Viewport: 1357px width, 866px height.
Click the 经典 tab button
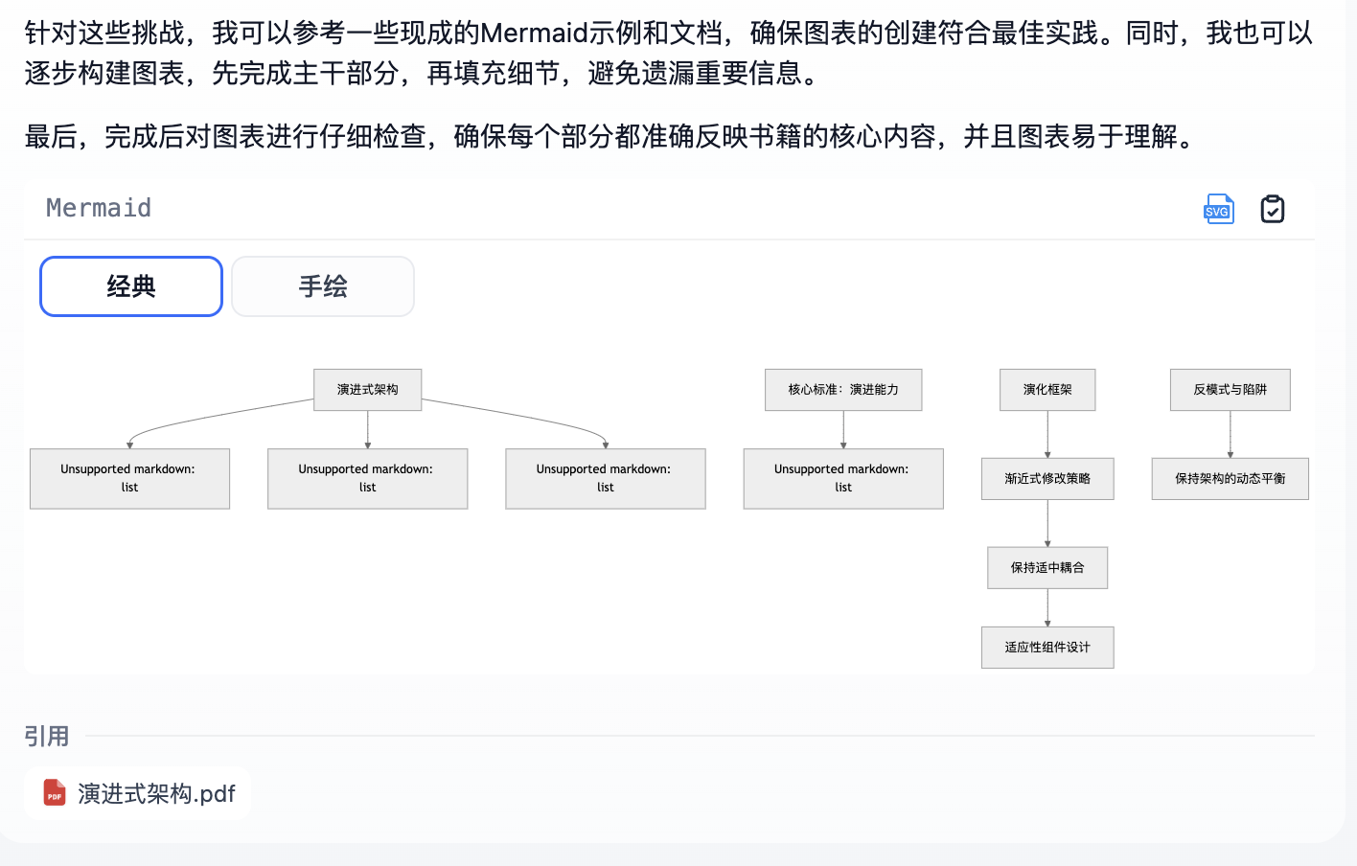coord(131,286)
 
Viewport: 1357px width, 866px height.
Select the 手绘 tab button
coord(323,286)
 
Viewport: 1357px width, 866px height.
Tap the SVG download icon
coord(1218,209)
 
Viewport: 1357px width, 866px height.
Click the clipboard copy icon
coord(1273,209)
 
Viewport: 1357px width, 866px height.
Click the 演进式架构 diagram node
coord(368,390)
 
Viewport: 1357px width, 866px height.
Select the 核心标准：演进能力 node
coord(843,390)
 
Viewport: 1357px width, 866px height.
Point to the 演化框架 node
coord(1047,390)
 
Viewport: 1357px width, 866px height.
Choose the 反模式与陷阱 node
coord(1230,390)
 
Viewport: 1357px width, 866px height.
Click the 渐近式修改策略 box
coord(1047,479)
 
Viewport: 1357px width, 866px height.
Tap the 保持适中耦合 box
coord(1047,568)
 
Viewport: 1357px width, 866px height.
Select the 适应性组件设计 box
coord(1047,648)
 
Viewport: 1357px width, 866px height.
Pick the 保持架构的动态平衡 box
coord(1230,479)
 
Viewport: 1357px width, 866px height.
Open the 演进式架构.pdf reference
coord(156,794)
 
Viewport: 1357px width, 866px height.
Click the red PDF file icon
coord(55,793)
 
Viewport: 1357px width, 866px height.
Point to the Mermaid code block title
coord(99,208)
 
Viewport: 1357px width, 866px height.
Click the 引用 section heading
coord(47,736)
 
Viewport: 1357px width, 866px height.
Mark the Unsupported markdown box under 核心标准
coord(843,479)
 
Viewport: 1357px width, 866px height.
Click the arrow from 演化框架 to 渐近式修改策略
coord(1047,434)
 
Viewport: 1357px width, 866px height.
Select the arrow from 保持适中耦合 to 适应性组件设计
coord(1047,608)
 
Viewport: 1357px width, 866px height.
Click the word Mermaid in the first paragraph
coord(534,34)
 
